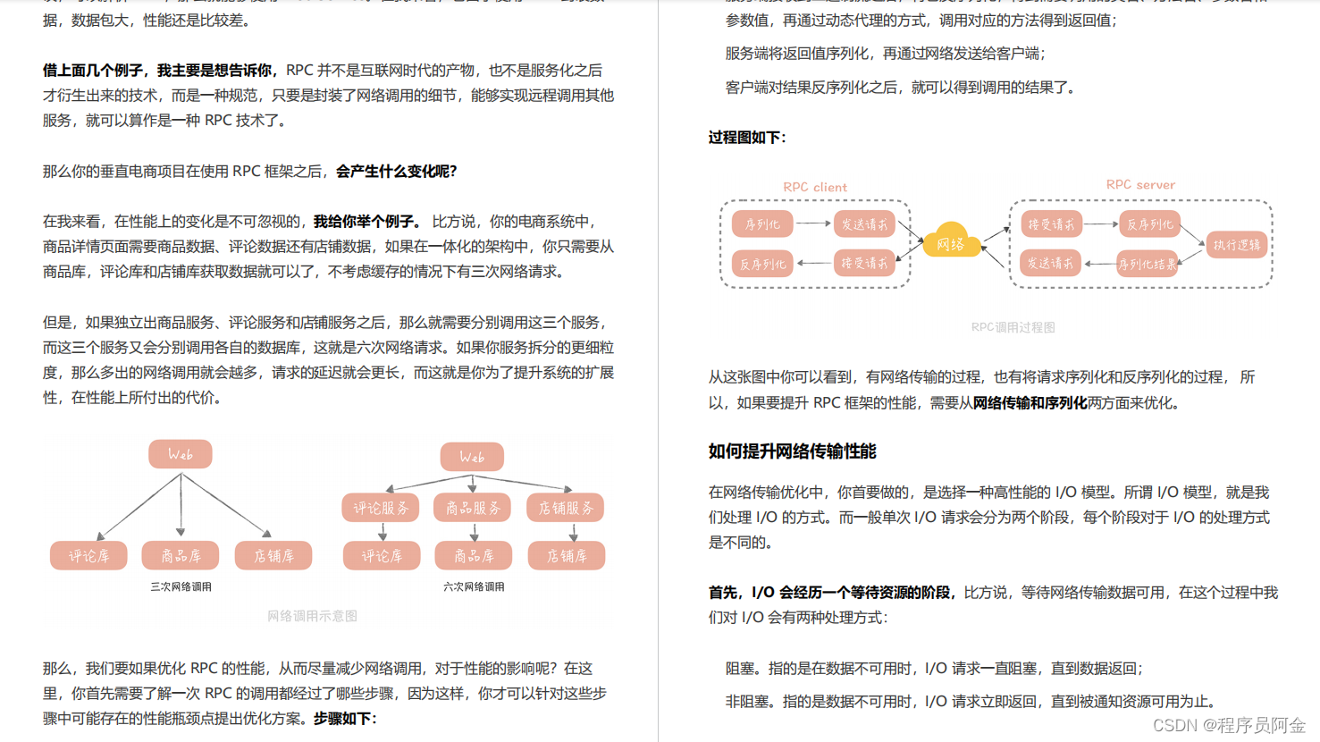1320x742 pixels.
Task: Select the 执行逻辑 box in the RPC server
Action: [1237, 244]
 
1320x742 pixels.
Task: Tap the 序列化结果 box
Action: [1147, 264]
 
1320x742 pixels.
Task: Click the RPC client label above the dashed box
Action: [814, 187]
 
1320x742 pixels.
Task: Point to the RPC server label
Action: [1140, 184]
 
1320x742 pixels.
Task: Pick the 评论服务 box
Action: [381, 508]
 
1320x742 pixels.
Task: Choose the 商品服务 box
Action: [473, 508]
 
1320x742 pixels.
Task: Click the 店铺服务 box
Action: [566, 508]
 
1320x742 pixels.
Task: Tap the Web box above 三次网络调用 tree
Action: [181, 454]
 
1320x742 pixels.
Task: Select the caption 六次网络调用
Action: [474, 587]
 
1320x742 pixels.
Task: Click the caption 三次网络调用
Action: [181, 587]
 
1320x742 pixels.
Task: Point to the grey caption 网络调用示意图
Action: [312, 616]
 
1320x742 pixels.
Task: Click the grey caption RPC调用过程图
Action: [1013, 327]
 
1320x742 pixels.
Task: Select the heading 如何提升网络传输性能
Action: [792, 451]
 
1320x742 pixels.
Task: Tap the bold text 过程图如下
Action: [747, 138]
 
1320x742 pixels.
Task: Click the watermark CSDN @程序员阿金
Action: [1229, 725]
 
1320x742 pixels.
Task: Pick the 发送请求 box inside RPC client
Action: [864, 224]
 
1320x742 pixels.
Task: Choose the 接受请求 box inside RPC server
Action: [1051, 224]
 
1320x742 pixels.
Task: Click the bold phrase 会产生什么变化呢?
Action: [396, 172]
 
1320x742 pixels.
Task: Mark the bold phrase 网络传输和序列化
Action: [1030, 403]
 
